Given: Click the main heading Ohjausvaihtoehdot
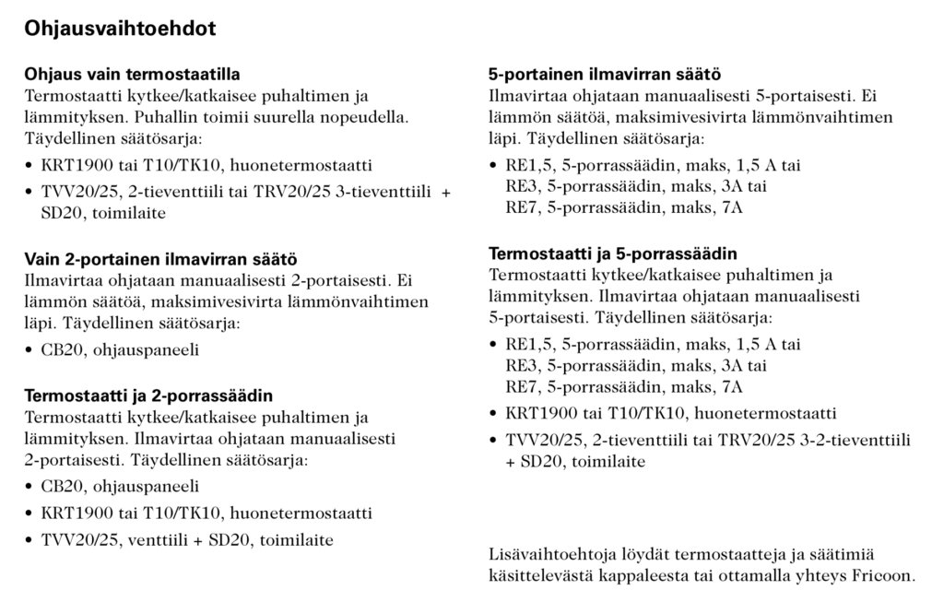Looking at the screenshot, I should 120,29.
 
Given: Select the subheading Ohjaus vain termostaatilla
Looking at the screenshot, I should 137,74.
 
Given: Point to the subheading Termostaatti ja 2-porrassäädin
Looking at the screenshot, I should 147,396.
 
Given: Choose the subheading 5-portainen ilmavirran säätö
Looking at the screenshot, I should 604,74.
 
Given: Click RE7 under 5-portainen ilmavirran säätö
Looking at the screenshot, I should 518,207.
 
